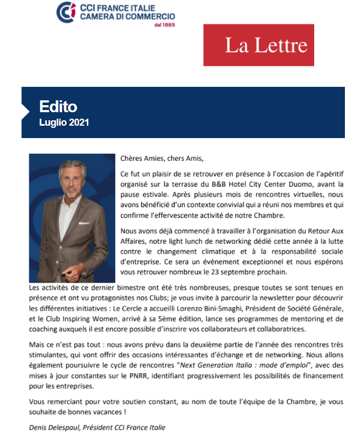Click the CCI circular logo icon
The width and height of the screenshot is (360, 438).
(x=66, y=12)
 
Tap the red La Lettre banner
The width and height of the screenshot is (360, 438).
(x=259, y=45)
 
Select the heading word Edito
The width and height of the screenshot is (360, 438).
(x=58, y=106)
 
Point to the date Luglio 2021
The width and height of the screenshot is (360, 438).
(x=64, y=122)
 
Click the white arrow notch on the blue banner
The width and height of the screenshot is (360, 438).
(x=25, y=111)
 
